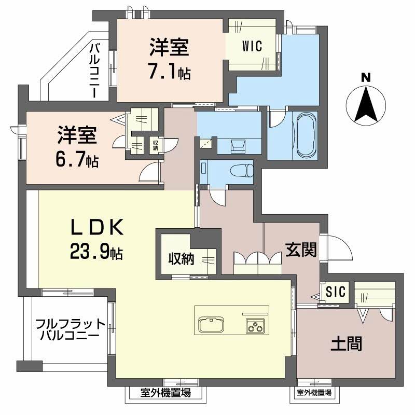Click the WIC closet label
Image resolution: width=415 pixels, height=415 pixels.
(252, 45)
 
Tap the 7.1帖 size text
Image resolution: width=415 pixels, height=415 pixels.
(169, 72)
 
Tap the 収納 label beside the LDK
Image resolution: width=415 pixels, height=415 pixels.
(180, 258)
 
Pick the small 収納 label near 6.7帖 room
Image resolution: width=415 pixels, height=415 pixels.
(155, 145)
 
